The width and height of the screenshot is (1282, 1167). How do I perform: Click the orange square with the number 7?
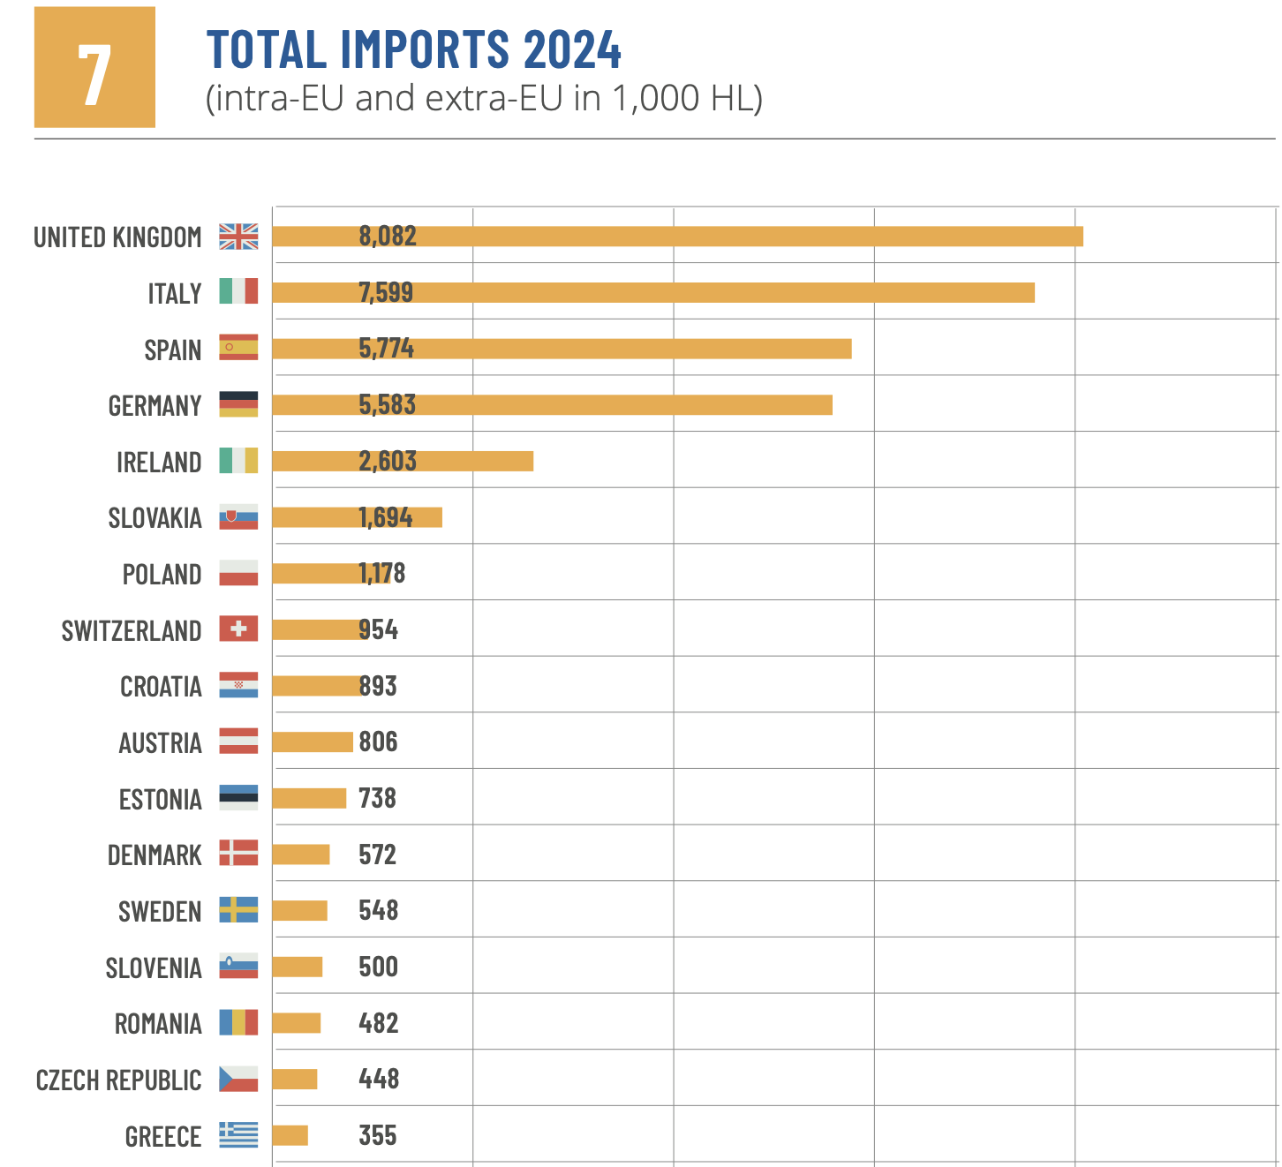(94, 67)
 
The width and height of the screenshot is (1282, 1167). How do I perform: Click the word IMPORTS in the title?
(425, 49)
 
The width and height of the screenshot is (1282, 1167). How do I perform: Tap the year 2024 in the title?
(572, 49)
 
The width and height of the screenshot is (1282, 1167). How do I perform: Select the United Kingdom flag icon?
(238, 237)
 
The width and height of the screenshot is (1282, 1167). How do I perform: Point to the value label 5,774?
(386, 349)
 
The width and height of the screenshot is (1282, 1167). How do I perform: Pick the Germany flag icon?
(238, 404)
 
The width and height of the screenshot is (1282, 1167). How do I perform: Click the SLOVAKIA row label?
(155, 518)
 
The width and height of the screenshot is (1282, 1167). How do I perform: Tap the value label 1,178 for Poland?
(381, 574)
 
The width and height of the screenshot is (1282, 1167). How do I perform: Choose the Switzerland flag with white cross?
(238, 629)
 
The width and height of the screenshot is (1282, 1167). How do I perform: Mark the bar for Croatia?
(315, 686)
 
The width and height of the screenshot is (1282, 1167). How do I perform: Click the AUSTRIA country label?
(160, 743)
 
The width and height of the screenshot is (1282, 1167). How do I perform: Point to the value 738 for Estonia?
(377, 799)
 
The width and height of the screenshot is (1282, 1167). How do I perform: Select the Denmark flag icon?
(238, 854)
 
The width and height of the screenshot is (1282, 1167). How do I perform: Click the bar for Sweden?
(299, 911)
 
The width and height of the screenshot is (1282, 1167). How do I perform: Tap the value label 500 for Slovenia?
(378, 967)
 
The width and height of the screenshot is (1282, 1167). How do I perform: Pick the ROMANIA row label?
(158, 1024)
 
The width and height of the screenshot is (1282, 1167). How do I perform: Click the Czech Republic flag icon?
(238, 1079)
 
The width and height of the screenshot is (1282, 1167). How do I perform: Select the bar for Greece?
(290, 1135)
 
